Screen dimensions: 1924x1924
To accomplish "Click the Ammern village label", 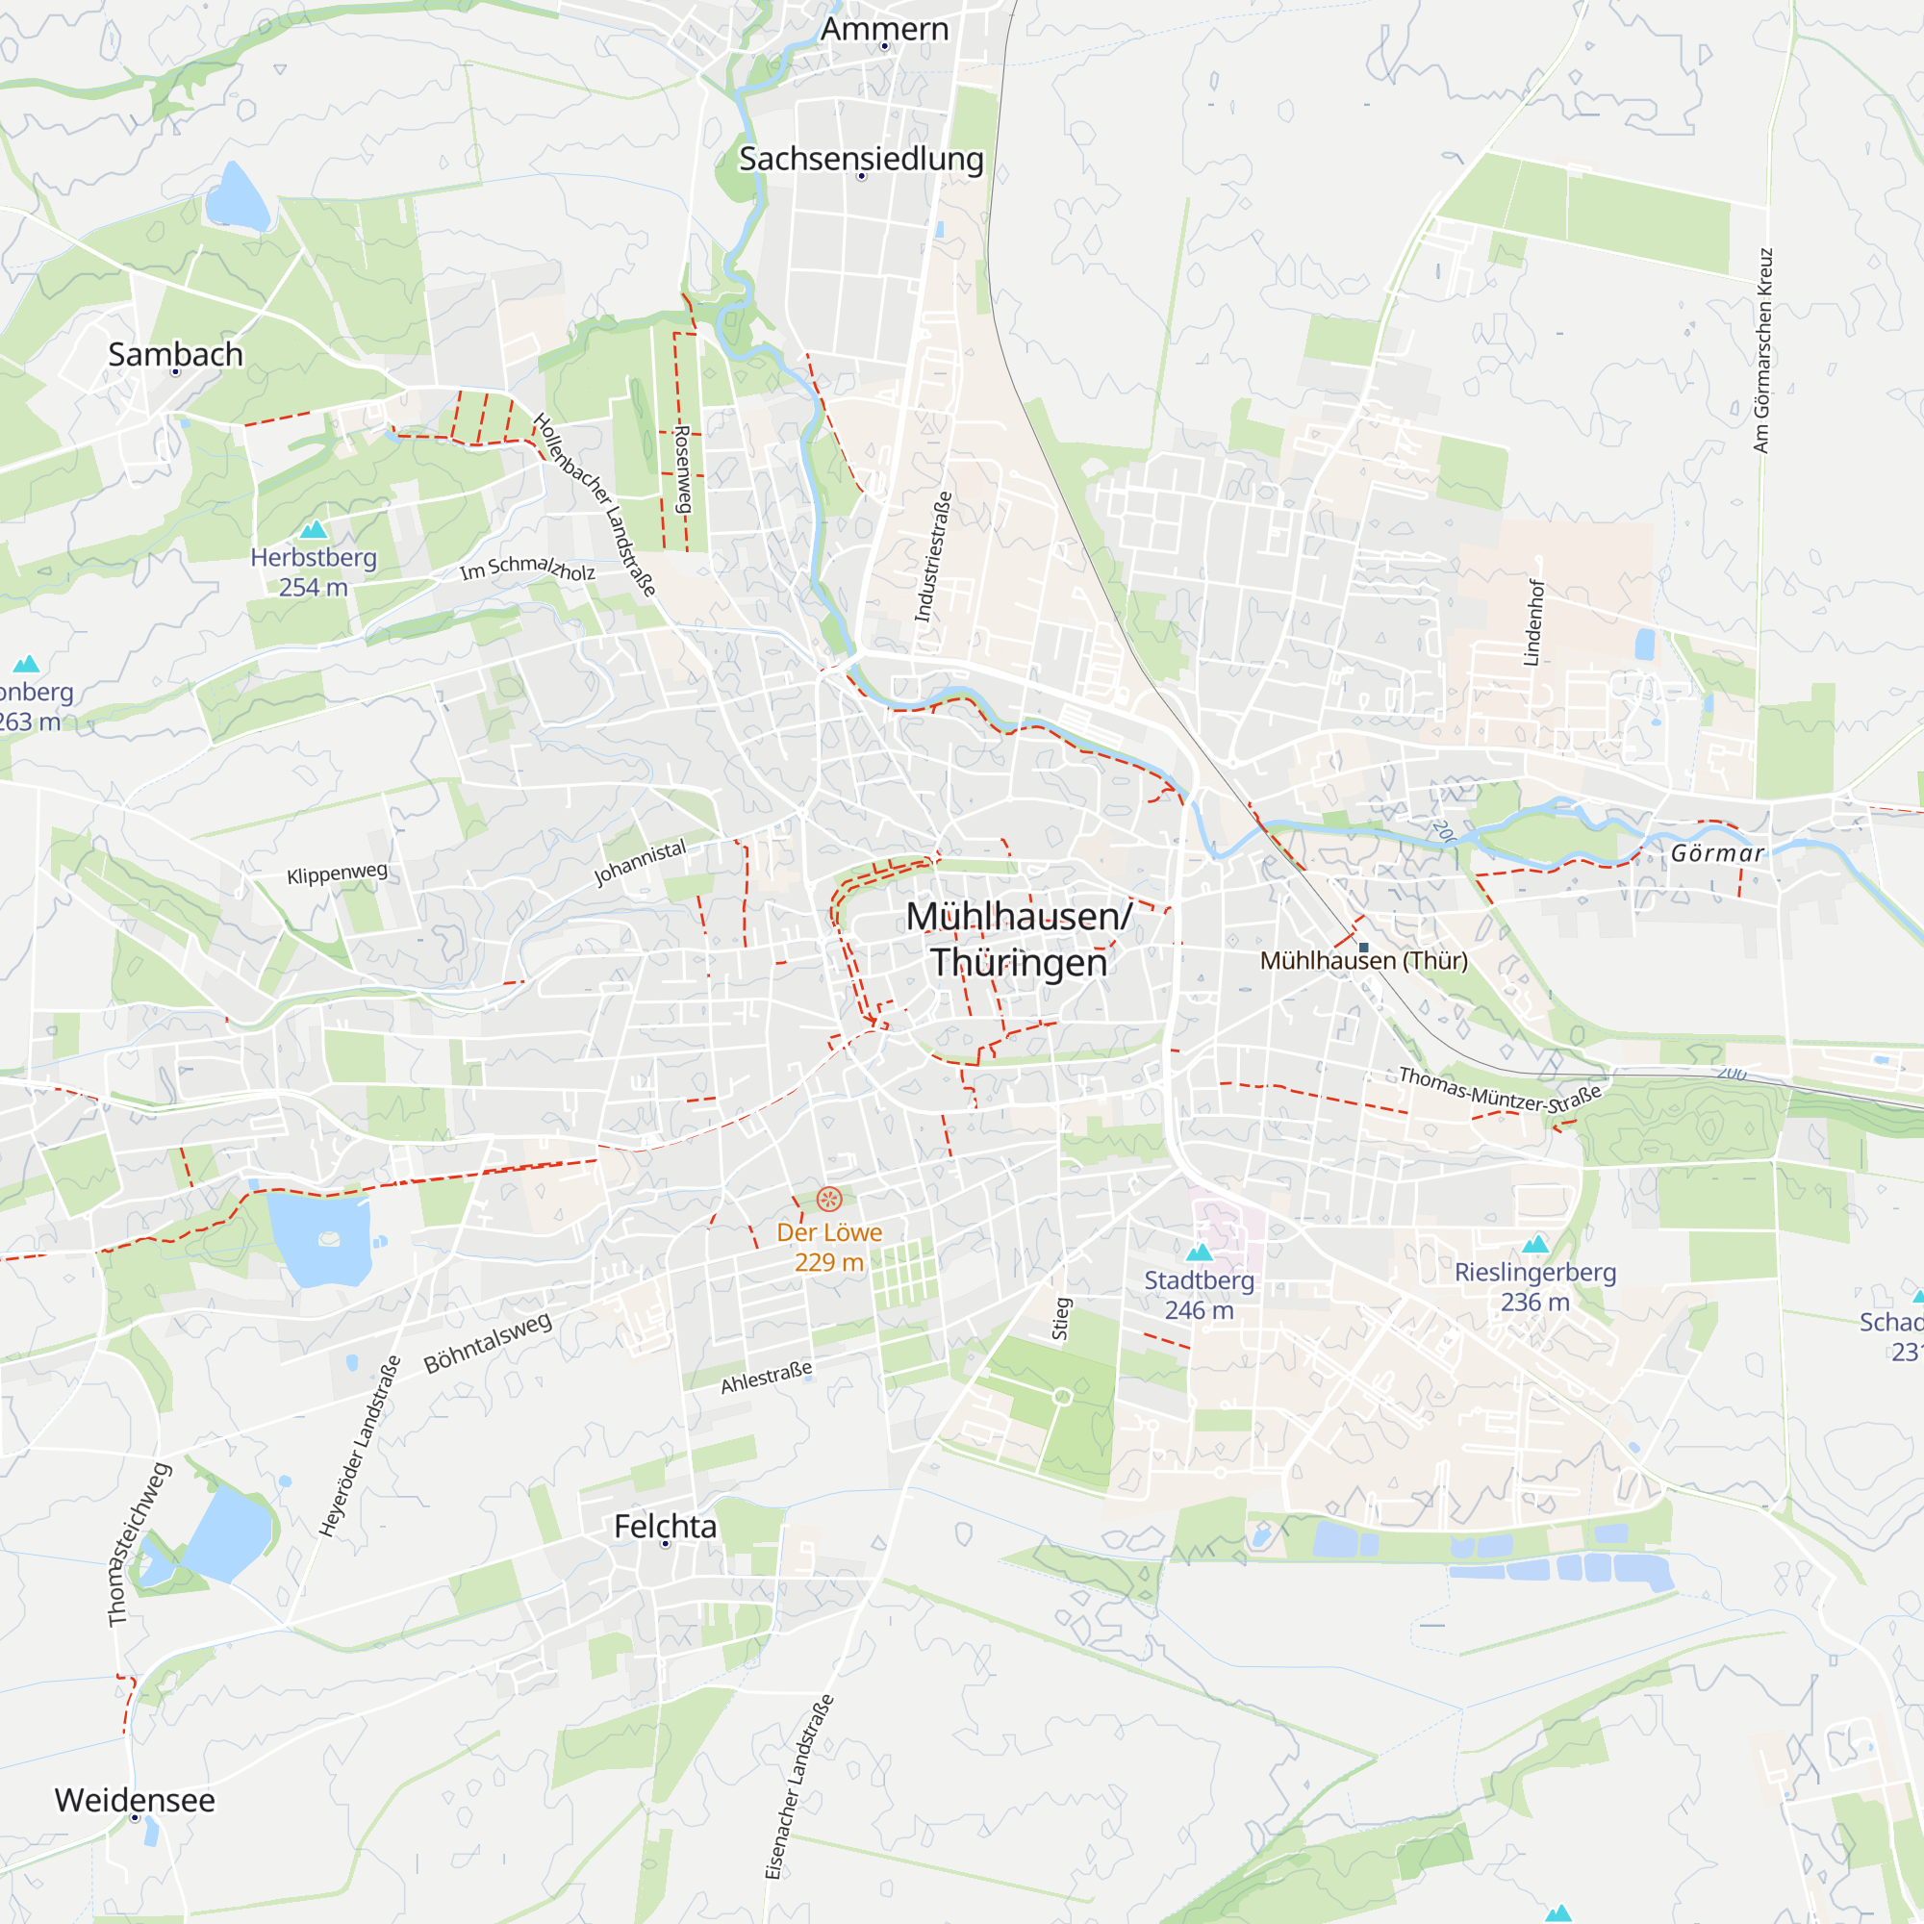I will (884, 30).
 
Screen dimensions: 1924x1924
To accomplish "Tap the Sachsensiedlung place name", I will (861, 160).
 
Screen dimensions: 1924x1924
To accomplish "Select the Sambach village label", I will (175, 355).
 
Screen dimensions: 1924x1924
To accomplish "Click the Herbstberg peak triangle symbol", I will (314, 529).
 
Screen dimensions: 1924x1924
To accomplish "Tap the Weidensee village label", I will (135, 1801).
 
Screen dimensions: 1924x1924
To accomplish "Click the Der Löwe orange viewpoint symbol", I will (828, 1199).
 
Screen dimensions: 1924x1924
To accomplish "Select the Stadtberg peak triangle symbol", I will (1199, 1252).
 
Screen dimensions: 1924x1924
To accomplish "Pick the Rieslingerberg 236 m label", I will (1534, 1286).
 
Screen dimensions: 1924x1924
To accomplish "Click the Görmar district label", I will (1717, 853).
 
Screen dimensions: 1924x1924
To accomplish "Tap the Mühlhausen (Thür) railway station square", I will (1363, 947).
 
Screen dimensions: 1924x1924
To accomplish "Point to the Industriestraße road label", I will (933, 557).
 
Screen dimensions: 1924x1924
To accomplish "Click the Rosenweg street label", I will (683, 469).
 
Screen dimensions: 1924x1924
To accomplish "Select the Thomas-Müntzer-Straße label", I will (1500, 1091).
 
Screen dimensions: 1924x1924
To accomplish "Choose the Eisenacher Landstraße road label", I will (798, 1786).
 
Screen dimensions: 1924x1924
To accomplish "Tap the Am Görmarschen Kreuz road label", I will (1762, 350).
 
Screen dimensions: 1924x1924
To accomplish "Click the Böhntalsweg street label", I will (487, 1343).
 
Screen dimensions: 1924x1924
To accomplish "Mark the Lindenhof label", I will (1534, 622).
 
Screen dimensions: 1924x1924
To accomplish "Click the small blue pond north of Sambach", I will (236, 198).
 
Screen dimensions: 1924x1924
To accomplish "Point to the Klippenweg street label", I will (337, 873).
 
